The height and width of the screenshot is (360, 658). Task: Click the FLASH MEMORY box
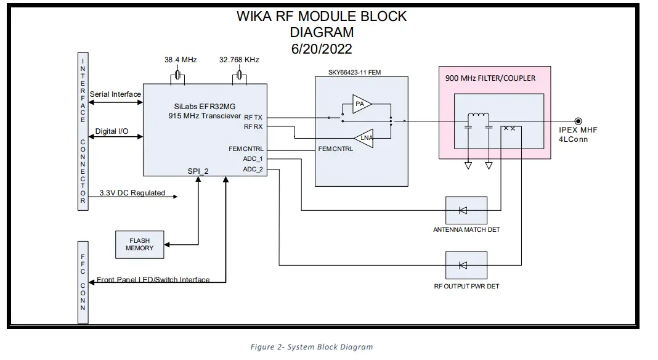140,244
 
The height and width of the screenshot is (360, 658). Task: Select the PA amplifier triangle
362,105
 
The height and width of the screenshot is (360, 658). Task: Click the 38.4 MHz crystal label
179,60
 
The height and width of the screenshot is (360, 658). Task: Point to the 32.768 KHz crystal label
239,60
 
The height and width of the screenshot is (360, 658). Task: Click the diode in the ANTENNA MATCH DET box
463,211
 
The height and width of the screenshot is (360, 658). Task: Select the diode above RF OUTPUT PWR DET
463,265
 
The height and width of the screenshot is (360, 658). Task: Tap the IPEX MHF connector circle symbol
578,121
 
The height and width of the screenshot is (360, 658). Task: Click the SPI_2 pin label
198,171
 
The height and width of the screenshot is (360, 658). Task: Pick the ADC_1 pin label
253,158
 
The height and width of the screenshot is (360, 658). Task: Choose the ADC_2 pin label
253,169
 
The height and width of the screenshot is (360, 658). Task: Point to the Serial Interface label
115,94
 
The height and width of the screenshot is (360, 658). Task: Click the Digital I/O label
111,131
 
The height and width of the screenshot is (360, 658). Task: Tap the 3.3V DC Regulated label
132,193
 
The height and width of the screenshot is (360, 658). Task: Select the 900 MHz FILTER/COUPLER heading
490,78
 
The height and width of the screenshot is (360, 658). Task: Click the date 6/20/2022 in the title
322,48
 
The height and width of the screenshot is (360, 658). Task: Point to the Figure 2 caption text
311,347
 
